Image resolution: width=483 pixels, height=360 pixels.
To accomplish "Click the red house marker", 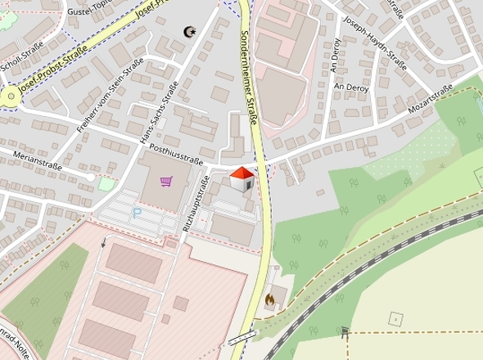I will tap(241, 178).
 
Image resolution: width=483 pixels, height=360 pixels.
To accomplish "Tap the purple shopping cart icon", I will tap(167, 181).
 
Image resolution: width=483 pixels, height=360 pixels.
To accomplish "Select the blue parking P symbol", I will tap(138, 212).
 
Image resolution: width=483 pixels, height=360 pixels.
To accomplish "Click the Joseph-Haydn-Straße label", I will tap(374, 42).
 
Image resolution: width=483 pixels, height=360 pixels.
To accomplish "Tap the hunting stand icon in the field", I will tap(345, 331).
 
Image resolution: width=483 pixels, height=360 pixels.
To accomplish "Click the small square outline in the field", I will tap(396, 317).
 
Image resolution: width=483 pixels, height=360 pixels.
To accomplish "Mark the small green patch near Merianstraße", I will tap(106, 183).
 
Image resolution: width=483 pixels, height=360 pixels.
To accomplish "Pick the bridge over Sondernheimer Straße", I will tap(243, 339).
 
